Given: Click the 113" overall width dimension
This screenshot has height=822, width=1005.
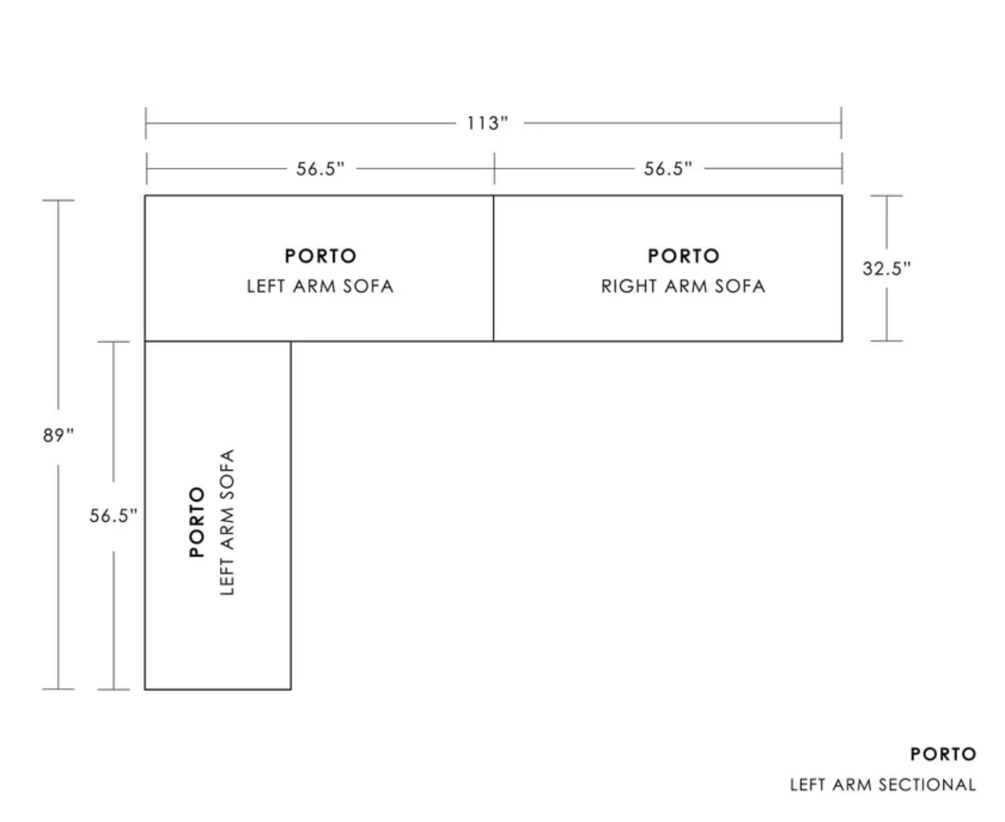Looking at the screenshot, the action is point(487,123).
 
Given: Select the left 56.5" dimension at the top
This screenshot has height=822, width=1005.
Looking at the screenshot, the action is point(320,168).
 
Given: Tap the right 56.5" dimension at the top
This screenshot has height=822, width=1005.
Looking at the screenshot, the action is point(668,168).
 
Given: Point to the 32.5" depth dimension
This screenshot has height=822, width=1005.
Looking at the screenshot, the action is point(887,268).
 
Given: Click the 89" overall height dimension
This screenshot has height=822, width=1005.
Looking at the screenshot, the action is point(58,435).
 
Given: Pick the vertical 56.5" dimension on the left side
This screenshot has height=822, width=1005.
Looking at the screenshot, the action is point(113,515).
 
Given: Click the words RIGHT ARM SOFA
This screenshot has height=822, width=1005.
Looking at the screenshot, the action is point(683,286).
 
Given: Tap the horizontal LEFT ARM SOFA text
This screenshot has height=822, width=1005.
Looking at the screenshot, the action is point(320,286).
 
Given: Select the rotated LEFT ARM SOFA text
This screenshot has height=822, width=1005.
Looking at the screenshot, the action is point(228,522).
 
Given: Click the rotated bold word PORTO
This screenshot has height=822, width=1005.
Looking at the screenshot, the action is point(197,522).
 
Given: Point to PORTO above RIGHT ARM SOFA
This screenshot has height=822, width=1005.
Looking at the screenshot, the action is point(683,256).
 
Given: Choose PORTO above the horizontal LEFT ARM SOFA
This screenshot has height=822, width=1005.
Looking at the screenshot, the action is point(321,256).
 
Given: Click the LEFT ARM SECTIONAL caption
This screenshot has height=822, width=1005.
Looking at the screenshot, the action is point(883,785).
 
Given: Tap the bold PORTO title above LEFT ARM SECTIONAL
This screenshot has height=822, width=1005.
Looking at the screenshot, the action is point(943,754).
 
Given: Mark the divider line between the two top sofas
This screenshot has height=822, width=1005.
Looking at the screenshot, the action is point(493,268).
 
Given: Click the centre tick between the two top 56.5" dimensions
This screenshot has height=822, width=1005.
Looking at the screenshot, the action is point(494,168).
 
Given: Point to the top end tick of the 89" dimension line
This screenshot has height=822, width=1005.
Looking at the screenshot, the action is point(58,201).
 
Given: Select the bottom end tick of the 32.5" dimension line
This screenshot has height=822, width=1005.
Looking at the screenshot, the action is point(886,340).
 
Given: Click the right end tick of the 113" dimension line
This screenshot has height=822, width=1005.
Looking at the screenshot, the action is point(841,123).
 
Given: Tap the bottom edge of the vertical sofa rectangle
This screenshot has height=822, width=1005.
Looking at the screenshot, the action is point(218,689).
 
